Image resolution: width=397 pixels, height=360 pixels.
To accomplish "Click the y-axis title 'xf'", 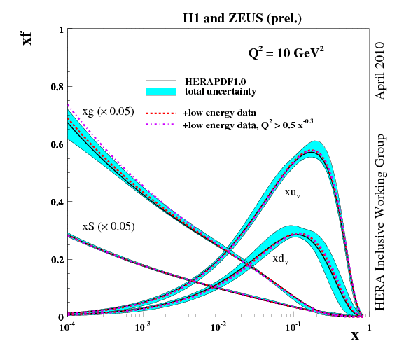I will coord(27,37).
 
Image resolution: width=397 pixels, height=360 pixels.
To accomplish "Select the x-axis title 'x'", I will coord(355,335).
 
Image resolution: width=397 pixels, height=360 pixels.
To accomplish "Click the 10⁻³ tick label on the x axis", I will coord(143,328).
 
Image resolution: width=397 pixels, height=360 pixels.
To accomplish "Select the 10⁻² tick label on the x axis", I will coord(218,328).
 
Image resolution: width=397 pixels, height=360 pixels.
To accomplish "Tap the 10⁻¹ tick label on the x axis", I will coord(294,328).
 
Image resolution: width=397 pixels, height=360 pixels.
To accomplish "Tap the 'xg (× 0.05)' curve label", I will coord(108,111).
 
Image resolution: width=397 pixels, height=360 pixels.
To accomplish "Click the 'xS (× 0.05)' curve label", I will coord(108,226).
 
